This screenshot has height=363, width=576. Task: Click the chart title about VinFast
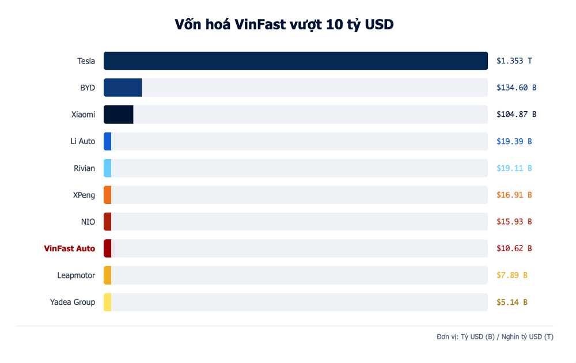(x=284, y=24)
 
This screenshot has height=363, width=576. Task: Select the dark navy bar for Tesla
(x=295, y=60)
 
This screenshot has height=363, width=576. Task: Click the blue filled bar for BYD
(x=123, y=88)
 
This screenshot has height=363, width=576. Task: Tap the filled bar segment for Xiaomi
(x=119, y=114)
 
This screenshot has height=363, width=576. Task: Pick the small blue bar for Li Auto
(x=108, y=141)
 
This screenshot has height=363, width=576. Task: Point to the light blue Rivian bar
(x=108, y=168)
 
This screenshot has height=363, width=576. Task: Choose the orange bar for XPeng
(x=108, y=195)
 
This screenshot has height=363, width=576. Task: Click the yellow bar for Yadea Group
(x=108, y=302)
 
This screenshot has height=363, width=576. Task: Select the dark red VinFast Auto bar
(x=108, y=248)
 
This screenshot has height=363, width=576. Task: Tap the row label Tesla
(x=86, y=60)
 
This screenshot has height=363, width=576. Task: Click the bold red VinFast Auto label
(x=70, y=248)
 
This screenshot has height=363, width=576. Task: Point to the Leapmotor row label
(x=76, y=275)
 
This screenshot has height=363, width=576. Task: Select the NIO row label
(x=88, y=222)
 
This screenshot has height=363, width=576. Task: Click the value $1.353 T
(x=514, y=60)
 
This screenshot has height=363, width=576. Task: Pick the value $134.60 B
(x=517, y=88)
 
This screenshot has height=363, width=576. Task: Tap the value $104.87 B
(x=517, y=114)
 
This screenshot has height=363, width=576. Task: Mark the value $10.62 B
(x=514, y=248)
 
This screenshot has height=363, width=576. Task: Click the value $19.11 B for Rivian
(x=514, y=168)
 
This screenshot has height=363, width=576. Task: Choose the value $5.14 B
(x=512, y=302)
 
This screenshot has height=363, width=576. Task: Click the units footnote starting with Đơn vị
(x=495, y=336)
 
